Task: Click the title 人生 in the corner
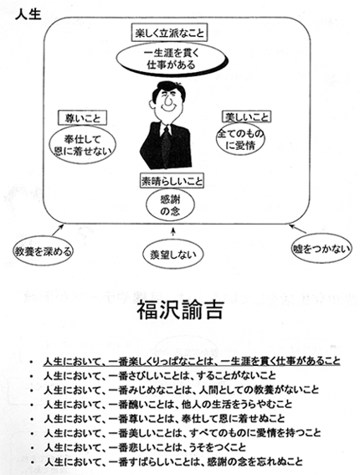point(28,13)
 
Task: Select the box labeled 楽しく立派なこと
point(170,33)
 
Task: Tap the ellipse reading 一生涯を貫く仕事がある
point(172,59)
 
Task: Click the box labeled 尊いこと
point(82,117)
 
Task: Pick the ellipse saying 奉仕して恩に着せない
point(82,146)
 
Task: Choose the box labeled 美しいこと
point(246,116)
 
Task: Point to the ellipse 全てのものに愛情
point(241,139)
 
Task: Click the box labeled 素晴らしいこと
point(172,181)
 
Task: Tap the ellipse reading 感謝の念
point(170,204)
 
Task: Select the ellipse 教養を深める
point(43,250)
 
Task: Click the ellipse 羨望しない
point(173,255)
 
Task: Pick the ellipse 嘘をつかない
point(321,249)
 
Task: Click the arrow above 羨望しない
point(173,232)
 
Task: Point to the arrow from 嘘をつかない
point(298,229)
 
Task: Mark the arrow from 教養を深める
point(58,230)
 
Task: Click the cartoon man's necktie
point(166,145)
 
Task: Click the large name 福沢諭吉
point(181,310)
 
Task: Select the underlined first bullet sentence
point(192,361)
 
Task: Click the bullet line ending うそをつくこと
point(145,447)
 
